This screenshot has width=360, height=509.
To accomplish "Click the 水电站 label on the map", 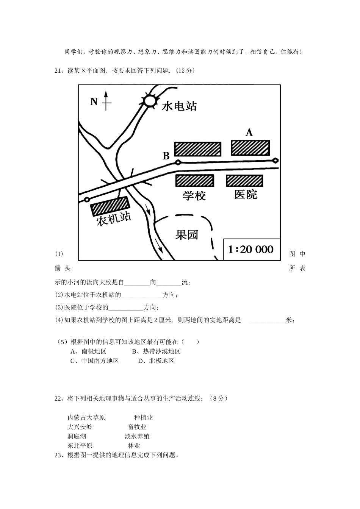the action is click(x=179, y=106).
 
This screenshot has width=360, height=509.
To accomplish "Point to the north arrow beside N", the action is click(x=106, y=101).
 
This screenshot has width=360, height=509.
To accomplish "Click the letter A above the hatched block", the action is click(x=249, y=133).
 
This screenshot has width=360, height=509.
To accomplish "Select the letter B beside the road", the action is click(x=166, y=156).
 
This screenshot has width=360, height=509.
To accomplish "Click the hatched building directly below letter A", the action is click(x=250, y=148).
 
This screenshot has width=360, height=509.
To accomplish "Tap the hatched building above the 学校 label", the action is click(x=195, y=181).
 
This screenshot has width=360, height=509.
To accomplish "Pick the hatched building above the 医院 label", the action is click(x=244, y=181).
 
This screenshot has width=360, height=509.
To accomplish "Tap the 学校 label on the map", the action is click(x=194, y=195).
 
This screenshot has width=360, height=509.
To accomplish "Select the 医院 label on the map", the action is click(x=246, y=195).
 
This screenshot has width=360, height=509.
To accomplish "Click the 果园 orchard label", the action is click(x=187, y=235).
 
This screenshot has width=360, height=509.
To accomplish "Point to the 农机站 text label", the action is click(x=114, y=219).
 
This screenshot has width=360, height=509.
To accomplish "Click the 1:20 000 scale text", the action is click(x=251, y=250).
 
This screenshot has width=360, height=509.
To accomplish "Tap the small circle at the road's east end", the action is click(x=275, y=161).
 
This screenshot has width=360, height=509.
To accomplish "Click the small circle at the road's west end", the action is click(x=87, y=199).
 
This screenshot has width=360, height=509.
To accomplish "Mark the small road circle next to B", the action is click(x=178, y=162).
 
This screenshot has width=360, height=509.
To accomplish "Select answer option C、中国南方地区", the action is click(x=95, y=361).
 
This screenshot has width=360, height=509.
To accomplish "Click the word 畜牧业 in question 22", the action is click(x=137, y=427).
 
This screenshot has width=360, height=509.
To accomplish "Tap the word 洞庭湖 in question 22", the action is click(x=77, y=437).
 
